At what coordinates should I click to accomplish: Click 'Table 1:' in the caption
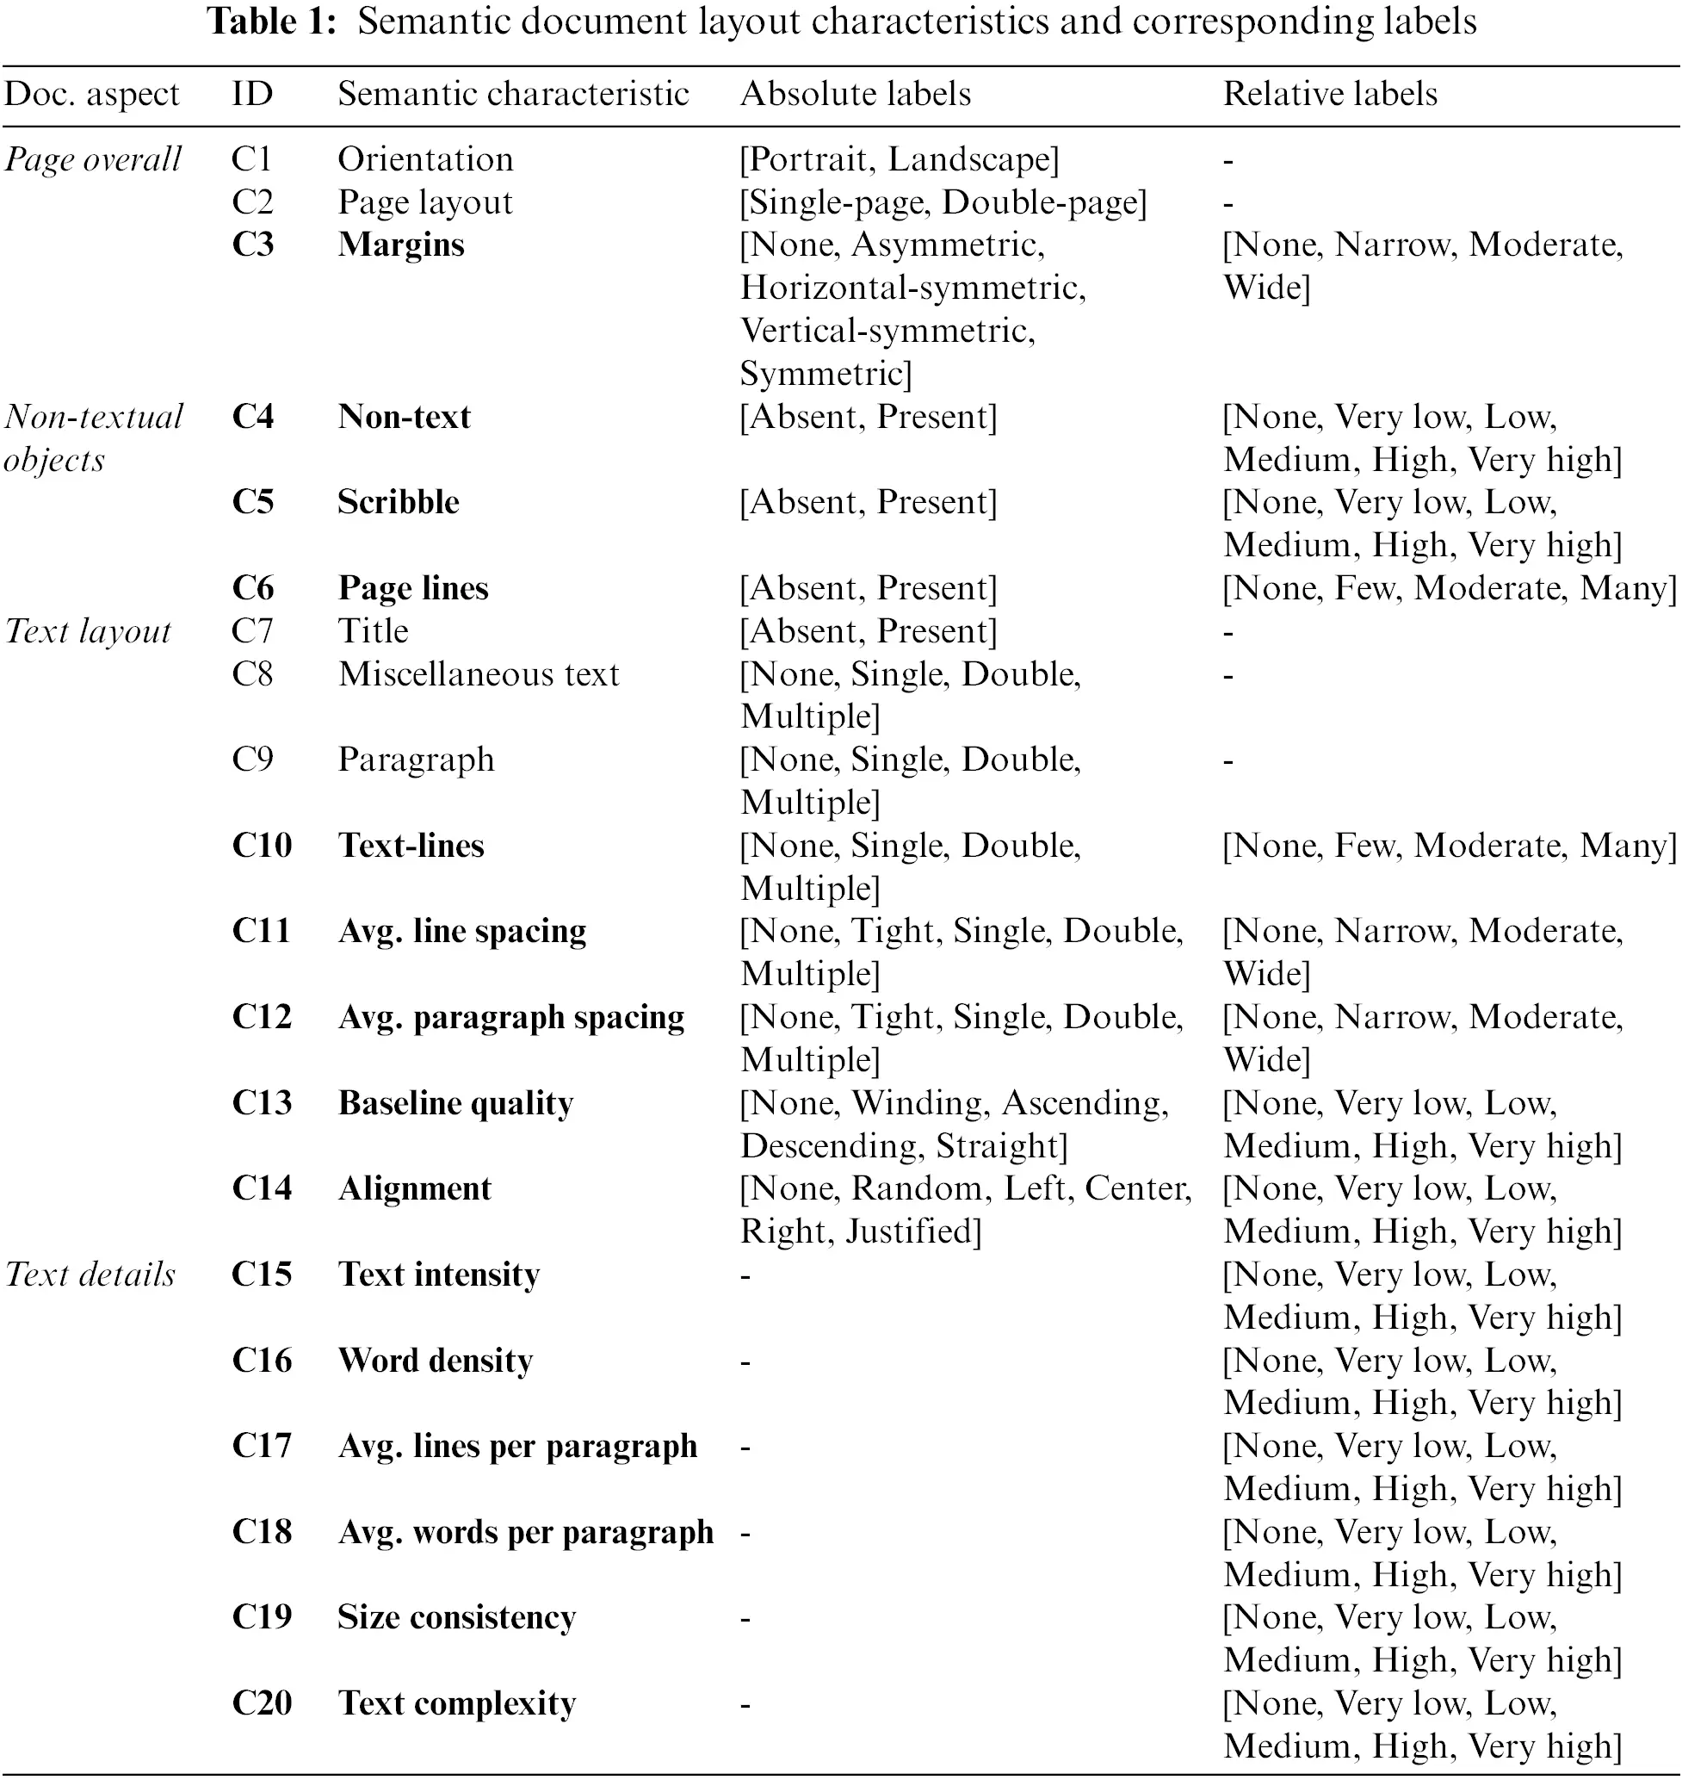[272, 22]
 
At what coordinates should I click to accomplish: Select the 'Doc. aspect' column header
[91, 94]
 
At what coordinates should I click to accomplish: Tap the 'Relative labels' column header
[1330, 94]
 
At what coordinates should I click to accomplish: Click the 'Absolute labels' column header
[856, 94]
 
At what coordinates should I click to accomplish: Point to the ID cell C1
[251, 159]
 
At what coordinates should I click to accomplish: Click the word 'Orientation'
[425, 159]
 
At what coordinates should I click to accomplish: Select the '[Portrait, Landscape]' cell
[899, 159]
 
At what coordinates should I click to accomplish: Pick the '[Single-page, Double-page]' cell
[943, 202]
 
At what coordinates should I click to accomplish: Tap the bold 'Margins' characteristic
[401, 245]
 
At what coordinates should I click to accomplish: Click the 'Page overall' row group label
[92, 159]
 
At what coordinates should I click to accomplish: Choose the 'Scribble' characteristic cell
[398, 502]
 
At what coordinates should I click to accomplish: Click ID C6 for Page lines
[253, 588]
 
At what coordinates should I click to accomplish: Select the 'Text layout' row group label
[87, 631]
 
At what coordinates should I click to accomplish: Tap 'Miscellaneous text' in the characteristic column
[478, 674]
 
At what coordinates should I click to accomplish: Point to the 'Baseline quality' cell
[455, 1103]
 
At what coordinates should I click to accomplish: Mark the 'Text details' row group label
[90, 1275]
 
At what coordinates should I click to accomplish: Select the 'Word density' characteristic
[435, 1361]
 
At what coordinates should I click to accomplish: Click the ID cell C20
[262, 1702]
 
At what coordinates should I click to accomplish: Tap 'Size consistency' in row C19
[456, 1618]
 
